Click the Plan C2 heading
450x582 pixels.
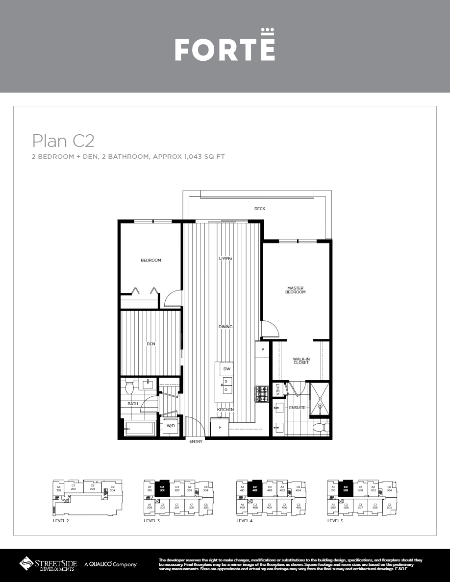point(63,141)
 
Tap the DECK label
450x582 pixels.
point(259,209)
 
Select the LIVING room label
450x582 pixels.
point(225,258)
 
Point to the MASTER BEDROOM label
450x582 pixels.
point(296,290)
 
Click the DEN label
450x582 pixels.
point(150,344)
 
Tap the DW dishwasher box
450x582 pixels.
point(226,369)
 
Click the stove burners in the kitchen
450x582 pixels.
point(261,394)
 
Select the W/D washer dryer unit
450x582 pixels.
point(171,426)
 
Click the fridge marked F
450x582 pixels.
point(220,427)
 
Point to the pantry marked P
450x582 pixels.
point(263,349)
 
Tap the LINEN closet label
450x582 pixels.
point(277,389)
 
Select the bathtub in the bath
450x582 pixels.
point(141,428)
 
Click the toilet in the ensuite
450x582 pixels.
point(321,427)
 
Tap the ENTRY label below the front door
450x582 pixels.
point(196,441)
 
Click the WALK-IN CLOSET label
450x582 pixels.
point(301,361)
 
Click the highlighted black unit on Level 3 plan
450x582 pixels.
point(162,489)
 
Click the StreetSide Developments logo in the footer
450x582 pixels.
point(48,564)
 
